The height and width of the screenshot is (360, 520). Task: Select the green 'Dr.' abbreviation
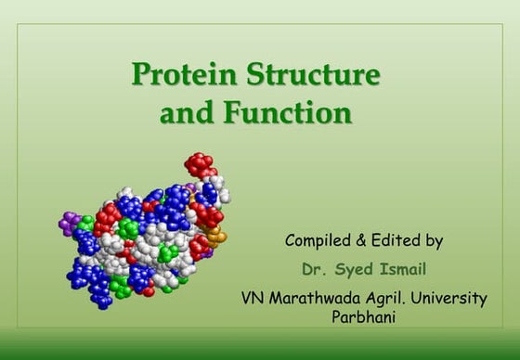(x=314, y=270)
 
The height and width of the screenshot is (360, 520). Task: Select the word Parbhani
(x=363, y=316)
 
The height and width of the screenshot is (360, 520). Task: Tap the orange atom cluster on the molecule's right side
(x=215, y=238)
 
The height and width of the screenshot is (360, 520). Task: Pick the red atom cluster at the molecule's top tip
(x=199, y=165)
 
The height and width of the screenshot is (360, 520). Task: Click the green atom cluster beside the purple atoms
(x=85, y=224)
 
